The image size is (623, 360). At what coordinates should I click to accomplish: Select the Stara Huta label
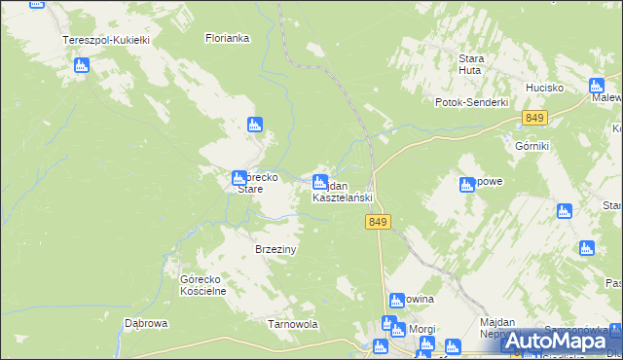471,63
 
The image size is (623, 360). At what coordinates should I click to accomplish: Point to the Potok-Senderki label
472,102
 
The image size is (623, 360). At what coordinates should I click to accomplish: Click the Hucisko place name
545,87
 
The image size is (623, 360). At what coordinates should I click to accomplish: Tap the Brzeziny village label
275,249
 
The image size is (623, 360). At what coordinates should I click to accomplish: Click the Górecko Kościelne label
203,284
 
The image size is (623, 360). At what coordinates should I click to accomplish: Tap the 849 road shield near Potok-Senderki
533,118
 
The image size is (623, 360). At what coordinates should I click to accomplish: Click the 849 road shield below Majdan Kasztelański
380,223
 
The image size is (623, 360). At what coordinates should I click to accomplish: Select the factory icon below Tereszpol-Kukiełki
81,65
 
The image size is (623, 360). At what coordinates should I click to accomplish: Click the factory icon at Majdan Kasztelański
320,182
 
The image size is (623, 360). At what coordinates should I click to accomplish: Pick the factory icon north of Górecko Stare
255,125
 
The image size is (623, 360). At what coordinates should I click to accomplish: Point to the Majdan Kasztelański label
343,192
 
